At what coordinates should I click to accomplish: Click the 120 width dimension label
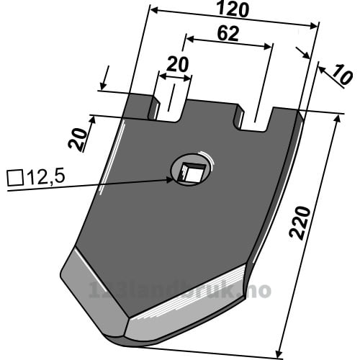click(233, 10)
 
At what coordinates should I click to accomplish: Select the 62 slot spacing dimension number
click(228, 34)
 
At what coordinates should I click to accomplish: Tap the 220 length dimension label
click(300, 223)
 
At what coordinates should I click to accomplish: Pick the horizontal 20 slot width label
click(177, 65)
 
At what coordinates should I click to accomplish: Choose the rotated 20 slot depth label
click(77, 138)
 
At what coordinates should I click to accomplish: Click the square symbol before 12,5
click(15, 178)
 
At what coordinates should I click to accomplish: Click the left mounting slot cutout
click(171, 108)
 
